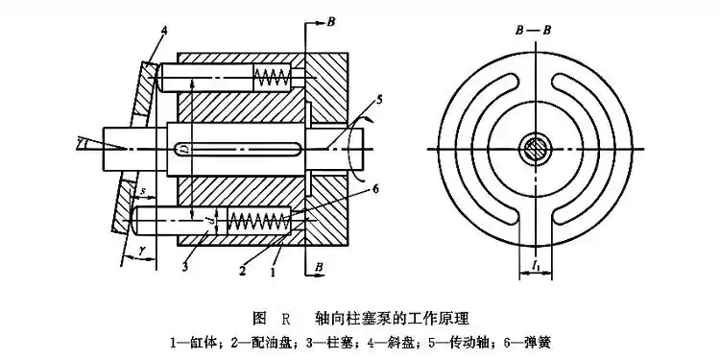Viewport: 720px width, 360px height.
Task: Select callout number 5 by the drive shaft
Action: [x=379, y=99]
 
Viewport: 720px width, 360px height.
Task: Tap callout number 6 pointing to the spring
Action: [x=375, y=190]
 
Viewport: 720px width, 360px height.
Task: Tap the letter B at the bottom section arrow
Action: [x=332, y=263]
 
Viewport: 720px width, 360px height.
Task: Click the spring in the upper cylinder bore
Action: [x=271, y=76]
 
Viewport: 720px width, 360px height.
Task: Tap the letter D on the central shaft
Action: [x=185, y=148]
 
